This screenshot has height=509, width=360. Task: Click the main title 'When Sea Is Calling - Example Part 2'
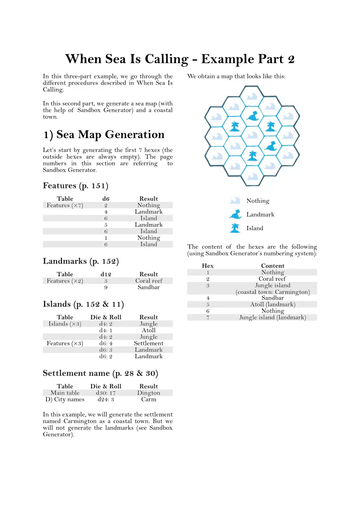click(180, 59)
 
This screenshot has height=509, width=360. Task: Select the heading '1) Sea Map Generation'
click(104, 135)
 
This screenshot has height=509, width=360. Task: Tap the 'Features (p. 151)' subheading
click(76, 186)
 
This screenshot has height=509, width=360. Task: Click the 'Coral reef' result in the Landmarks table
click(149, 281)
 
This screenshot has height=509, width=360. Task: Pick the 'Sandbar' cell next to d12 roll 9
click(149, 287)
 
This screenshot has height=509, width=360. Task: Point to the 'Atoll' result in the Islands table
click(149, 331)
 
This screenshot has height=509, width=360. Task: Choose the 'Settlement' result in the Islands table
click(149, 343)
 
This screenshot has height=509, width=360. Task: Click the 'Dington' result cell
click(149, 393)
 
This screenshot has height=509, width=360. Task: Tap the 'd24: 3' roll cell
click(106, 399)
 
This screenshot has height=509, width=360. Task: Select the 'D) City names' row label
click(65, 399)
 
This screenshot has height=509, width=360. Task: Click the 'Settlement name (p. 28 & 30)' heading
click(100, 373)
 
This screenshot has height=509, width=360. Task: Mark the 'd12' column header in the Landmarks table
click(106, 274)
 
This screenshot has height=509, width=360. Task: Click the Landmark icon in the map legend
click(235, 215)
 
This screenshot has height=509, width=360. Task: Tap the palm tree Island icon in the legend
click(234, 228)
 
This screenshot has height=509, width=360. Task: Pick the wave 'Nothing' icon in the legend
click(235, 201)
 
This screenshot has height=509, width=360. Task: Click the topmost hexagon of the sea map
click(252, 96)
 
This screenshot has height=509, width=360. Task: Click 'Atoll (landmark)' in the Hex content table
click(273, 305)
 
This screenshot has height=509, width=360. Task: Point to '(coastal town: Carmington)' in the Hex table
click(273, 292)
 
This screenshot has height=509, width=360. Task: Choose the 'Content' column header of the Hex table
click(273, 266)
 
